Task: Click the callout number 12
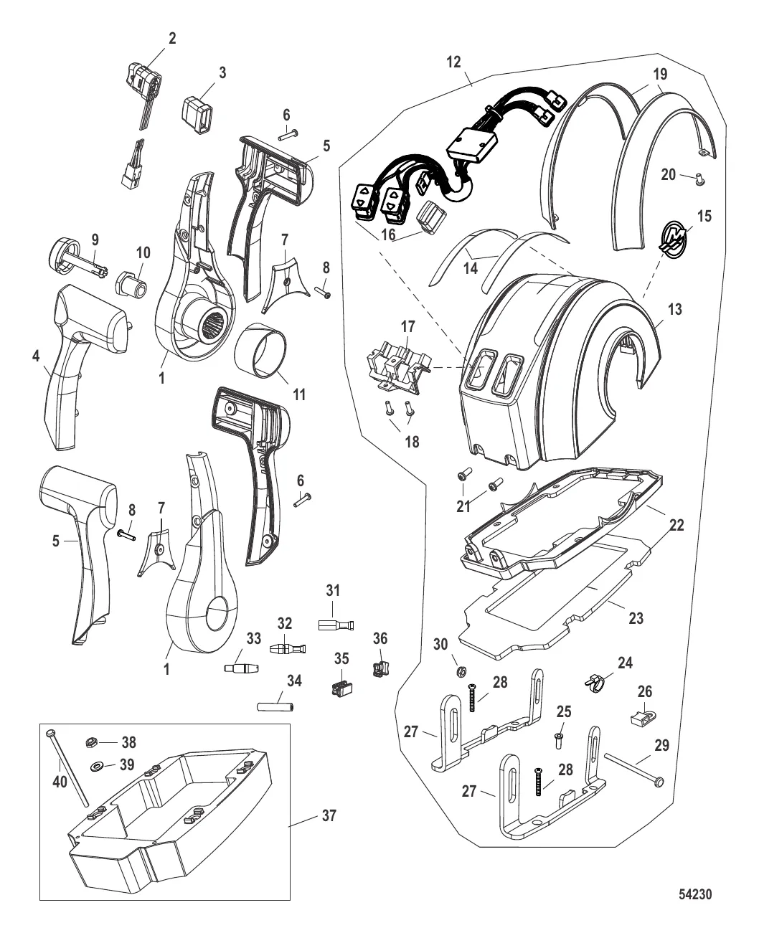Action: (x=453, y=62)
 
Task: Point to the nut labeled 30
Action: (x=462, y=671)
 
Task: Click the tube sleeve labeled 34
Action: (x=275, y=707)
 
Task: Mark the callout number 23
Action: (x=636, y=617)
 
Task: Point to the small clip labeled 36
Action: (x=378, y=669)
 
